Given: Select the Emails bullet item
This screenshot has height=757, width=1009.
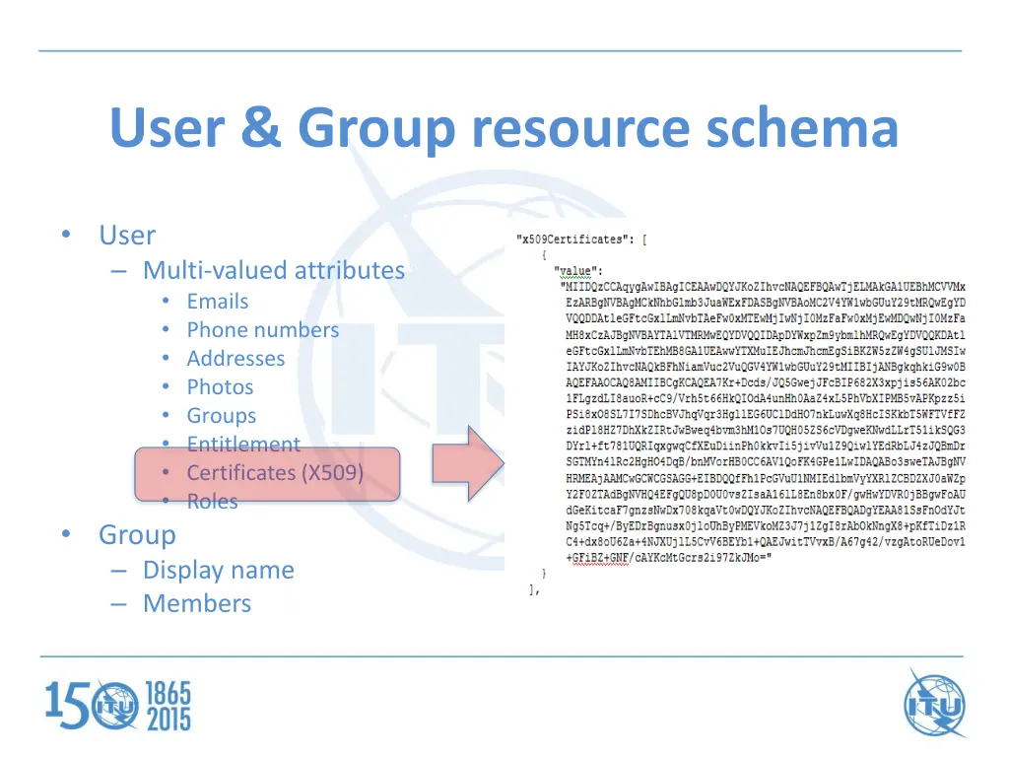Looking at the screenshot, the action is (x=218, y=302).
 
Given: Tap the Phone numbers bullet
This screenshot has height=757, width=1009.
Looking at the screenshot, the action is (x=262, y=330).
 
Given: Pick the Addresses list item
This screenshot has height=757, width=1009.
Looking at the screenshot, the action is (x=235, y=359).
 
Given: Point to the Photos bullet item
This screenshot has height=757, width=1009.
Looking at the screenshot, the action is (x=220, y=387).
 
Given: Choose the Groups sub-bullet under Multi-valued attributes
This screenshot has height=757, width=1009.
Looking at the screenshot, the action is (x=221, y=416).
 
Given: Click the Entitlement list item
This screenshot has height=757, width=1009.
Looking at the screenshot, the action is (x=243, y=445).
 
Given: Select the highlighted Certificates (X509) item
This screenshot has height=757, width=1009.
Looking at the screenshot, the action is (x=275, y=473).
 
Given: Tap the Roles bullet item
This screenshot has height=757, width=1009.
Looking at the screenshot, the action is (x=212, y=502).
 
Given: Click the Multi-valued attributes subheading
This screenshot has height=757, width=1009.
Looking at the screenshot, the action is (x=273, y=270).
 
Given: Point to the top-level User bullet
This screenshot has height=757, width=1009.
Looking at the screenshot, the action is (x=127, y=236).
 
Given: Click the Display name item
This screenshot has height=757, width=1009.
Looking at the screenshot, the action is (x=218, y=570).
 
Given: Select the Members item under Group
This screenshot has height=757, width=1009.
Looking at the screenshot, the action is (x=197, y=603).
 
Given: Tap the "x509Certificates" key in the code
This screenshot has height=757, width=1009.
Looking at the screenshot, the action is (x=571, y=240).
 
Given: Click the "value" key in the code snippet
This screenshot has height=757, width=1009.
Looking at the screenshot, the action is (x=577, y=271).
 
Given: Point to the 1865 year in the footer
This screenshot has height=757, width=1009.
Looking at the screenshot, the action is (x=168, y=693).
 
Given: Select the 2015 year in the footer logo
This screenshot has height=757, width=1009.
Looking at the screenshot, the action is (x=168, y=719).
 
